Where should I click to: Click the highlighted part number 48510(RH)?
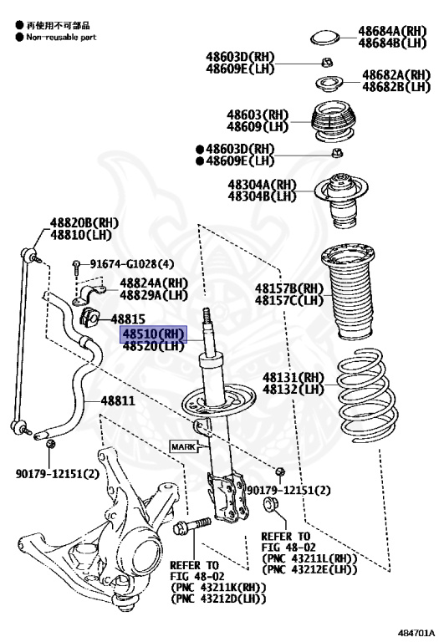[153, 334]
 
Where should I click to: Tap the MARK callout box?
[183, 446]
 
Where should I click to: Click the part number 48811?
[118, 401]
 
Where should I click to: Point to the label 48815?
[128, 318]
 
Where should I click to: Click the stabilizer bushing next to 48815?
[89, 318]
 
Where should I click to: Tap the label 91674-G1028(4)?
[132, 264]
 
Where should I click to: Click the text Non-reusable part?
[61, 37]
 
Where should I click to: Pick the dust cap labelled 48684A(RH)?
[325, 38]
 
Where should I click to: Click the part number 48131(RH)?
[294, 377]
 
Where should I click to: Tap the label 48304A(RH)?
[262, 185]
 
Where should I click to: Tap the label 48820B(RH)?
[84, 223]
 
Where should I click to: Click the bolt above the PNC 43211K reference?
[192, 526]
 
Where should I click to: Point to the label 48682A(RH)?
[396, 75]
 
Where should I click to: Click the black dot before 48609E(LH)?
[200, 160]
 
